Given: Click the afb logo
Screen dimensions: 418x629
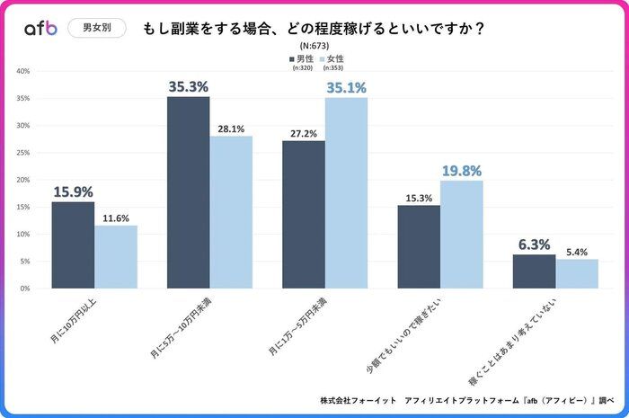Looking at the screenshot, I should pyautogui.click(x=40, y=28).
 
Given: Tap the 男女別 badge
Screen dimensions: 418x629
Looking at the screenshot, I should pyautogui.click(x=97, y=28).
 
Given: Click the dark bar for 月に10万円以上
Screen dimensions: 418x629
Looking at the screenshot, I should pyautogui.click(x=73, y=245).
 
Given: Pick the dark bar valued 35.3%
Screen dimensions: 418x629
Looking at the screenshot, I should pyautogui.click(x=188, y=192).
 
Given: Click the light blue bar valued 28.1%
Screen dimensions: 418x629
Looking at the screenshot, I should pyautogui.click(x=231, y=212).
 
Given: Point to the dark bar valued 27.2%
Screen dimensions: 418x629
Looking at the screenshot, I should pyautogui.click(x=304, y=214).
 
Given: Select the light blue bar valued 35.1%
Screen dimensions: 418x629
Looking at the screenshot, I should pyautogui.click(x=346, y=192).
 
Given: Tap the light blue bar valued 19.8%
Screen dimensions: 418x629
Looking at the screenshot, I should pyautogui.click(x=461, y=234).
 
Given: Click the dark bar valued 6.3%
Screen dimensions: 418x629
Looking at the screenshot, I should pyautogui.click(x=534, y=271).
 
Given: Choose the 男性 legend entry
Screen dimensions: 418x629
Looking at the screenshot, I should pyautogui.click(x=301, y=58).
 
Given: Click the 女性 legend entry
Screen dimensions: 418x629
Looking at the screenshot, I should pyautogui.click(x=331, y=58).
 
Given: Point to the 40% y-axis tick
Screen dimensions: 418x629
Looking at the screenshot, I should pyautogui.click(x=23, y=71).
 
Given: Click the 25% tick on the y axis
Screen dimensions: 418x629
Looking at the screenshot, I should pyautogui.click(x=23, y=153).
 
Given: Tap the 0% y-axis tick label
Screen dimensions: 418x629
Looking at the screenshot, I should pyautogui.click(x=25, y=289).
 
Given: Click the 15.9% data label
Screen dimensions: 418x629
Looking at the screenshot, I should pyautogui.click(x=73, y=191).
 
